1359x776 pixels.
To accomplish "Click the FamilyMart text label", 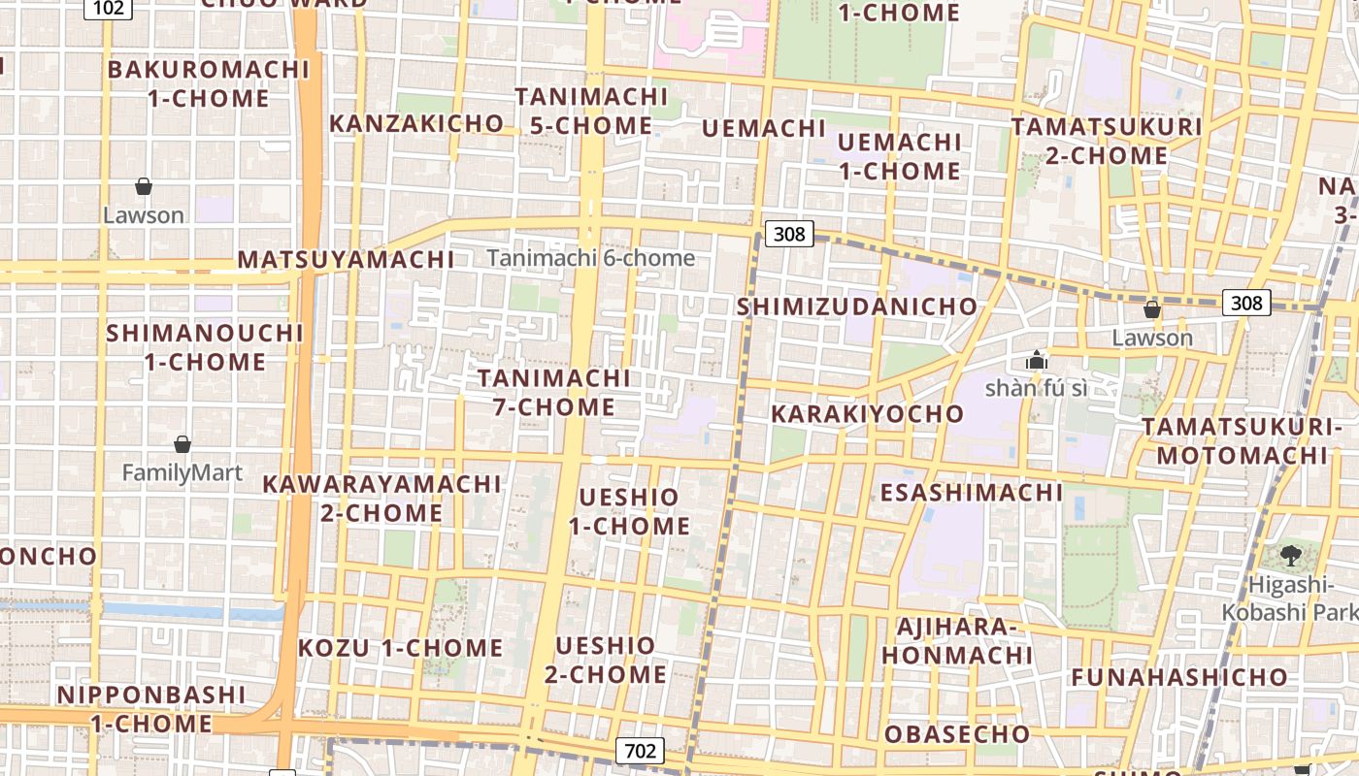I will (x=182, y=473).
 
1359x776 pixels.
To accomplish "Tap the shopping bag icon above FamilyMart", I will (x=182, y=445).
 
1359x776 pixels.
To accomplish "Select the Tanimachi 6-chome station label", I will (x=591, y=258).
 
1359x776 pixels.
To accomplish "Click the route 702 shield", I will (x=640, y=750).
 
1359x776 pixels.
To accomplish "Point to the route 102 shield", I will (x=108, y=8).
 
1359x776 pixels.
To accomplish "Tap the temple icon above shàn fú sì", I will (x=1036, y=360).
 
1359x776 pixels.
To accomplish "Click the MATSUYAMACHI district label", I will (x=347, y=260).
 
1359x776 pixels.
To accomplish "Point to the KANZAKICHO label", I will (x=416, y=123).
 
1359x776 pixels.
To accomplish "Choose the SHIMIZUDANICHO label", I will (x=857, y=307).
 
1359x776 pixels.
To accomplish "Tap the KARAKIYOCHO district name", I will (x=868, y=414).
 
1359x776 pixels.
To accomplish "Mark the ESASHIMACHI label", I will (x=972, y=493).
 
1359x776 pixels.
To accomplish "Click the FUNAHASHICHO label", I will (x=1179, y=677).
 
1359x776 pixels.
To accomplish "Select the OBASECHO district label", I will (x=956, y=734).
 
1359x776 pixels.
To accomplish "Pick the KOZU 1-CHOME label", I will (x=400, y=648).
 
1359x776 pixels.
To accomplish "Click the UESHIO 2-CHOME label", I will (x=606, y=660).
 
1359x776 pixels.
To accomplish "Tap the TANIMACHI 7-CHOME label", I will (x=554, y=392).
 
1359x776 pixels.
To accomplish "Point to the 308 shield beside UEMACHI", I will (x=788, y=234).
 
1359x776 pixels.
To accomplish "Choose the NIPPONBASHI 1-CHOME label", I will (x=151, y=709).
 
